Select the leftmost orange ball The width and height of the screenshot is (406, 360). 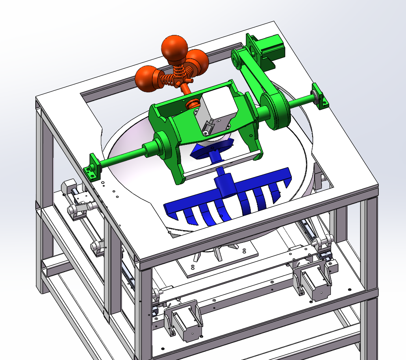click(145, 79)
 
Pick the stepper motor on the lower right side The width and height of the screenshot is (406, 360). click(315, 281)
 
